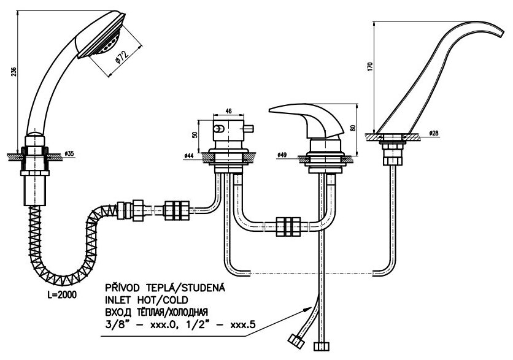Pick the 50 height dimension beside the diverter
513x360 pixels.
[196, 135]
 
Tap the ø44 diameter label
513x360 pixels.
[190, 156]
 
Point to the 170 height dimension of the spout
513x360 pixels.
[370, 67]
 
